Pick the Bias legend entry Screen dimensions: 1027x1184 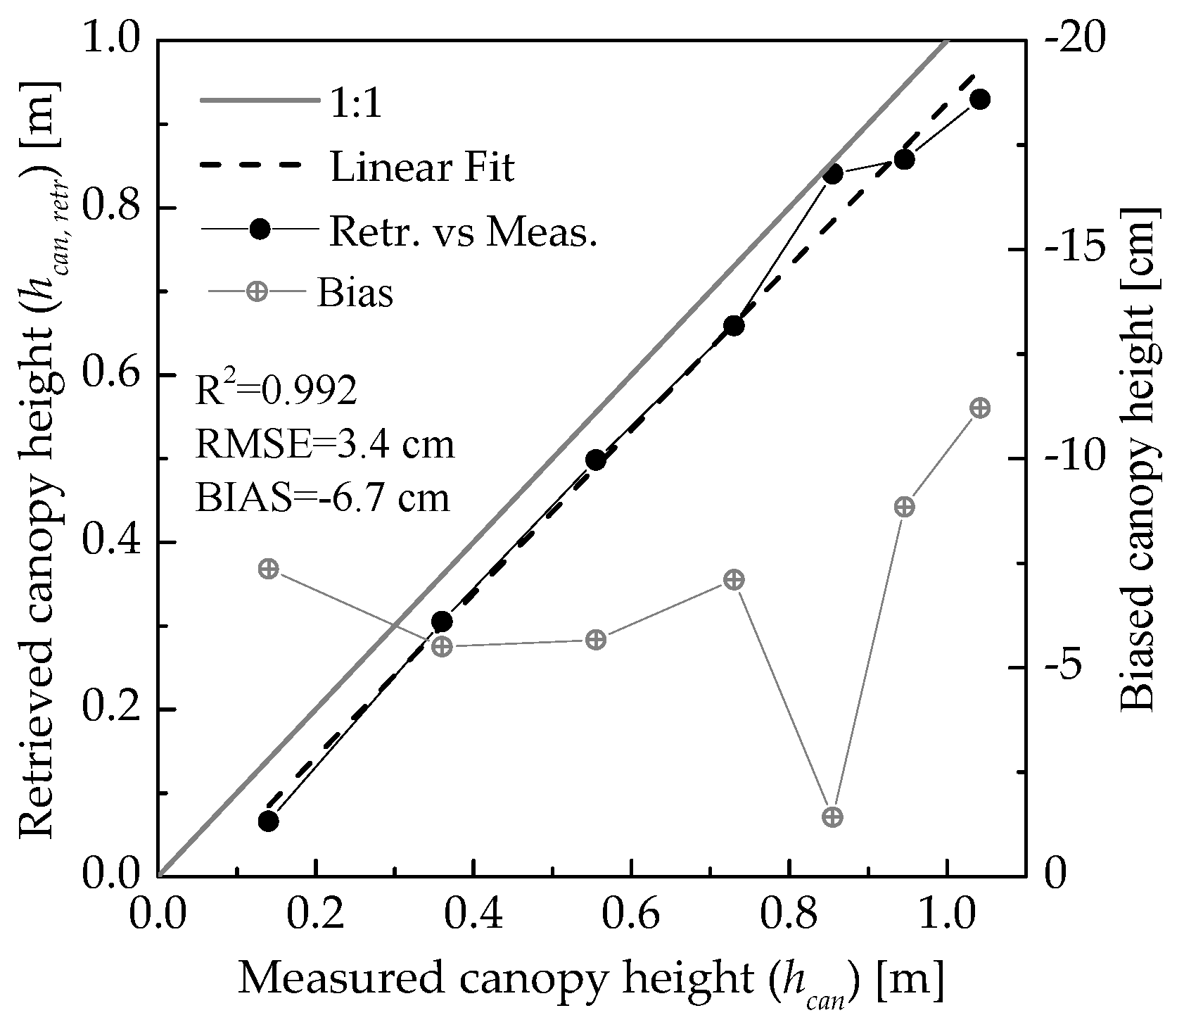[355, 293]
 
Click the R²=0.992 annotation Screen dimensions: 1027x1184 [276, 393]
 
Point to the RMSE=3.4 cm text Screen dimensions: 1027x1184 [324, 446]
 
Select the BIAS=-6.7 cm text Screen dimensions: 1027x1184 [322, 498]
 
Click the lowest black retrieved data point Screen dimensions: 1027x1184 [268, 821]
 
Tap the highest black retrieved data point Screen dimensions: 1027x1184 [980, 99]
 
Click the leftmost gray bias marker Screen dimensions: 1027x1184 [268, 569]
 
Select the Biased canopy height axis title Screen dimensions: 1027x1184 [1140, 458]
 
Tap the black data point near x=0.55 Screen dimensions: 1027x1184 [596, 460]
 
